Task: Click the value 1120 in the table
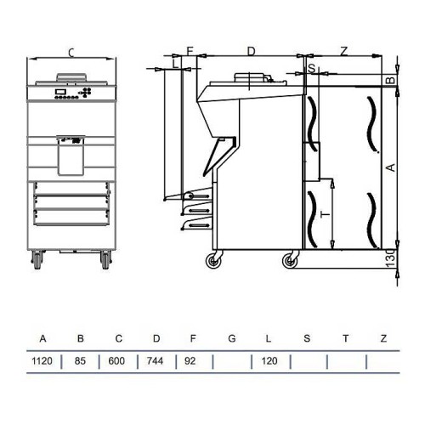point(42,360)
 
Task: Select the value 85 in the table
point(81,360)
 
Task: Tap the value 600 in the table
point(118,360)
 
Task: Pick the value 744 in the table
point(156,360)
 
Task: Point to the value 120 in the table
point(269,360)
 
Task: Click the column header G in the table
point(232,338)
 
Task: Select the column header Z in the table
point(383,338)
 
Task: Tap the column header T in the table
point(345,338)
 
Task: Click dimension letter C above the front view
point(71,53)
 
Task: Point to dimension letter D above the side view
point(251,51)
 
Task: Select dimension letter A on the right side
point(389,168)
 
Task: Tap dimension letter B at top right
point(390,80)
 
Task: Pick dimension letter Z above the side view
point(343,51)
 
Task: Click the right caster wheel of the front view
point(105,257)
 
